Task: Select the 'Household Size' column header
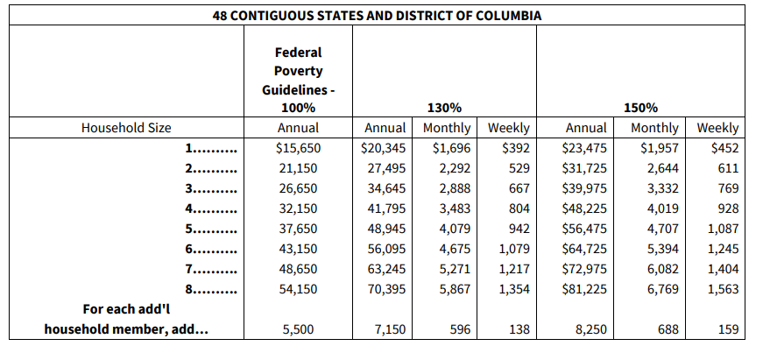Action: [x=126, y=128]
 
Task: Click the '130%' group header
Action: [x=444, y=108]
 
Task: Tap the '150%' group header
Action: [x=640, y=108]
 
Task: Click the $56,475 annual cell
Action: [x=584, y=229]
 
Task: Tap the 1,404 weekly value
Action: [x=721, y=269]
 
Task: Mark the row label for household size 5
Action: [x=211, y=229]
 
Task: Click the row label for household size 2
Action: [x=211, y=168]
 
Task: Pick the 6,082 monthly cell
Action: [x=658, y=269]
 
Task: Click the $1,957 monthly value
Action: [x=656, y=149]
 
